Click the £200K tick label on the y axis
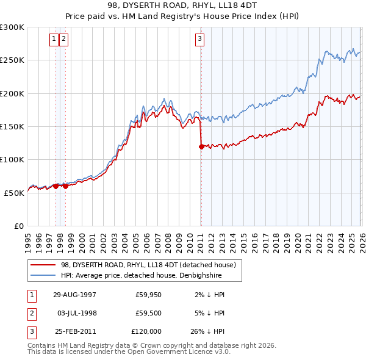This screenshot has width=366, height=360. click(12, 93)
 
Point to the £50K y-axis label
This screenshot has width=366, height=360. click(14, 192)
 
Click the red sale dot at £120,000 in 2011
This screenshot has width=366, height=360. click(201, 146)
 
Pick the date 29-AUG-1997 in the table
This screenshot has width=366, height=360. click(74, 294)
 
